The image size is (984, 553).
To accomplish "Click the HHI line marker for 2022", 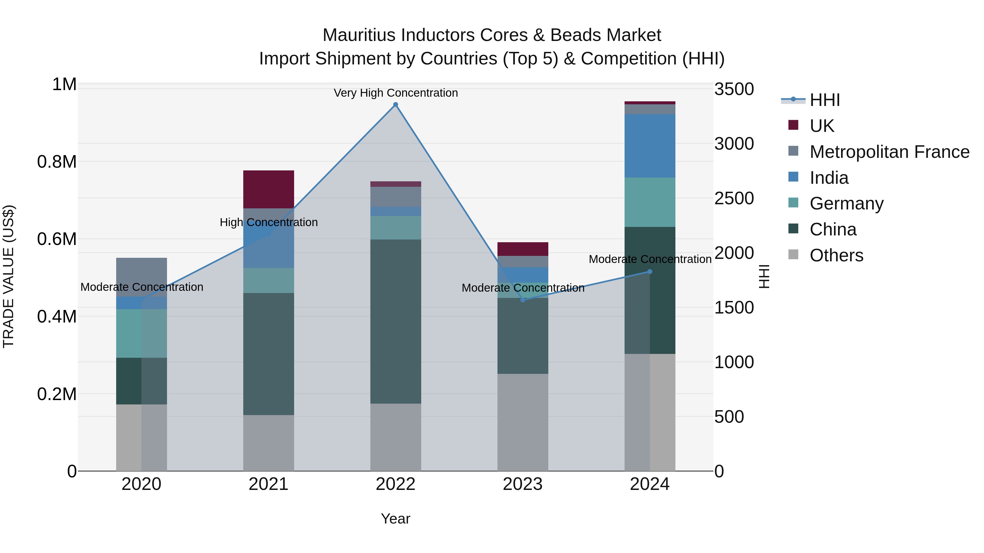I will (395, 105).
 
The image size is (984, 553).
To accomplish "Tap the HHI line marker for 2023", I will (523, 300).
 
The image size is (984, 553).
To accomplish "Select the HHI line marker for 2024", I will (650, 272).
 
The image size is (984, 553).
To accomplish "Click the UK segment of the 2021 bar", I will (268, 189).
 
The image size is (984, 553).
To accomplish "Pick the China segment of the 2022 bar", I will (395, 321).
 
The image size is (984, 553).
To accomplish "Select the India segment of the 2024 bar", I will (650, 146).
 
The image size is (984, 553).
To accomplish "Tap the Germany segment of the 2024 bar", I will (650, 202).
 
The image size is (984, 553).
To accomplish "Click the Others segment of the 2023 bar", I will (523, 422).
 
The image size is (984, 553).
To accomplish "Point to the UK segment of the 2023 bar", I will (523, 249).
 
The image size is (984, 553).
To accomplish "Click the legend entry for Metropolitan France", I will (889, 152).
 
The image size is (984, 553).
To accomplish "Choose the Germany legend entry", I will (847, 203).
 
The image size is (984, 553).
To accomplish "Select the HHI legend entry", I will (824, 100).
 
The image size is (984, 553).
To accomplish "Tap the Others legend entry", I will (836, 255).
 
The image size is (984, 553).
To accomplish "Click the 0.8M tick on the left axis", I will (57, 162).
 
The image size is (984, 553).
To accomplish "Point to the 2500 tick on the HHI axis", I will (734, 199).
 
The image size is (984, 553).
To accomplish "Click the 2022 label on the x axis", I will (395, 484).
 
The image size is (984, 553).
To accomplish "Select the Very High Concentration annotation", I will (395, 93).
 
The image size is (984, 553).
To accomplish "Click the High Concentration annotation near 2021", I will (268, 222).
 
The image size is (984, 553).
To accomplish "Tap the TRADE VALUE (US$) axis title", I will (8, 276).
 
